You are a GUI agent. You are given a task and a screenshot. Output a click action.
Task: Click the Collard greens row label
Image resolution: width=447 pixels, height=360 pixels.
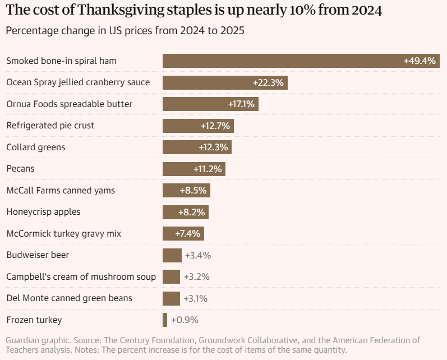coord(36,147)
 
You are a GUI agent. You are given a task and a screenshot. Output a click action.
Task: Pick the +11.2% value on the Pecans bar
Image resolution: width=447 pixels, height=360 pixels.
coord(208,169)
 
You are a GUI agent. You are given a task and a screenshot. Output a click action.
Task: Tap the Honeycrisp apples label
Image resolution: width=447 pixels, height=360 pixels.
coord(43,212)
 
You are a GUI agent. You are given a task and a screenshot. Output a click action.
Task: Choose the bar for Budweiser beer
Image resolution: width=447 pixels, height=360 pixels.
coord(172,255)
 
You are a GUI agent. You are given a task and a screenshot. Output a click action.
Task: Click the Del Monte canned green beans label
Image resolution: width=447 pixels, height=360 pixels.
coord(70,298)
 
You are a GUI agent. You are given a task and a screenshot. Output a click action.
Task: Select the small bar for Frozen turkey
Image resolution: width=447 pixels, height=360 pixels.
coord(165,320)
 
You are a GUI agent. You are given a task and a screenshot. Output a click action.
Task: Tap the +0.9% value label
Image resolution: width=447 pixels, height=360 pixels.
coord(185,320)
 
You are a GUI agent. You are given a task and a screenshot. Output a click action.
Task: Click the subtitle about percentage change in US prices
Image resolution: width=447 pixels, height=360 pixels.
coord(125,31)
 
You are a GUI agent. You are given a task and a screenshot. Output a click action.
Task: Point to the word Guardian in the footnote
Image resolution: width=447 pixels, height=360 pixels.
coord(24,340)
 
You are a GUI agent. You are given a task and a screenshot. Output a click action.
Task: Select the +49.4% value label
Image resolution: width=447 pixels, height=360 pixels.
coord(420,61)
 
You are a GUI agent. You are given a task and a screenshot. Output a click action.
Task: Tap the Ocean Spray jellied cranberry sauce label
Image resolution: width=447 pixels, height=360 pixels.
coord(78,83)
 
